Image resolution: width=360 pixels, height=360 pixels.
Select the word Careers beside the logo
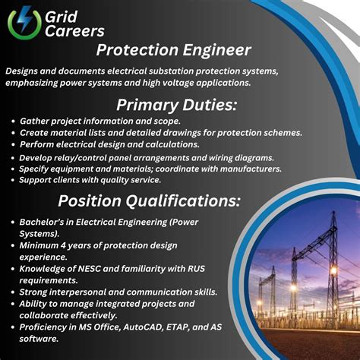coord(75,32)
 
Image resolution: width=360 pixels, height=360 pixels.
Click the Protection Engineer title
coord(174,51)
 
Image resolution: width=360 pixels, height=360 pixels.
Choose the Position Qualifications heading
coord(150,201)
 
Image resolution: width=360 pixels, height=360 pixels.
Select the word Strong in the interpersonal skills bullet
coord(37,292)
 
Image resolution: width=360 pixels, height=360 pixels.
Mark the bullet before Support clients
coord(13,180)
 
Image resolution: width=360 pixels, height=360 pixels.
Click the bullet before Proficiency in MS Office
coord(13,327)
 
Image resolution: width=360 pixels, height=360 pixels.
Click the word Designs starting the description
coord(25,71)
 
